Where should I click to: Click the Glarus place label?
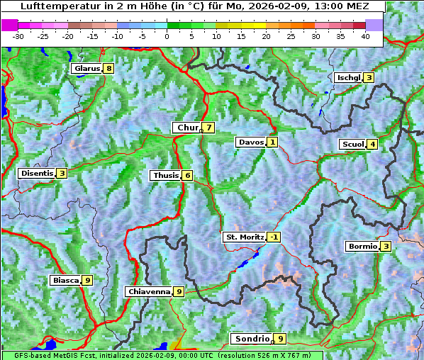tap(86, 69)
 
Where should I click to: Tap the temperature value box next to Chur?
tap(209, 128)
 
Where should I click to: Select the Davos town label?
tap(251, 142)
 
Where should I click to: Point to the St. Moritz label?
tap(244, 237)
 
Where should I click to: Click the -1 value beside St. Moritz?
tap(274, 237)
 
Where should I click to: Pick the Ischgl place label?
tap(349, 77)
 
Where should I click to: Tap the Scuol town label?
tap(352, 144)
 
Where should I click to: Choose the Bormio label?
tap(362, 247)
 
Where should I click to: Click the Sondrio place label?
tap(251, 339)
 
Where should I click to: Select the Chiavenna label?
tap(149, 291)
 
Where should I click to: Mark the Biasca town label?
tap(65, 280)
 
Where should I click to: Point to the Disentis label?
tap(37, 173)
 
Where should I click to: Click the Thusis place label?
tap(165, 175)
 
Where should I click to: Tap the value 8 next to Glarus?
tap(108, 69)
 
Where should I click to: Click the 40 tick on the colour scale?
tap(366, 35)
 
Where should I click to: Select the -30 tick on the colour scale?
tap(18, 35)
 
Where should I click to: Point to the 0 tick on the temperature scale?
tap(167, 35)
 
